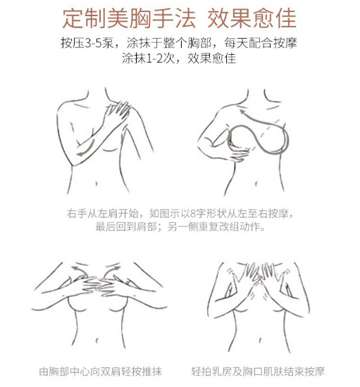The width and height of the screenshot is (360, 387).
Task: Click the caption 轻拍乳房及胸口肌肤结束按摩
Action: pos(258,371)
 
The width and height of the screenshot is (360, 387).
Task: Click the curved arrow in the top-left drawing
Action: pos(83,150)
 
